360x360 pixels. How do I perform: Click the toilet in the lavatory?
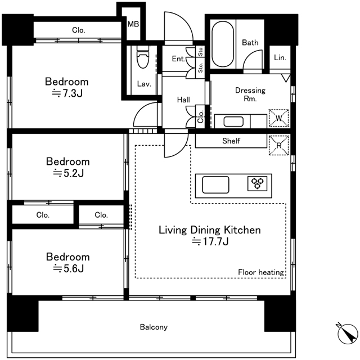143,57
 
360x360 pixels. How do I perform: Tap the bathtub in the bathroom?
223,44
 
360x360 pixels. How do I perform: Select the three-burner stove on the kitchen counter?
258,183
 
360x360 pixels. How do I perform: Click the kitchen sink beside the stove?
215,184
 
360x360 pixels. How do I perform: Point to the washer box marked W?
279,118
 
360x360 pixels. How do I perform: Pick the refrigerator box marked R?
279,145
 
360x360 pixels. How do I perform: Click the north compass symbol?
348,334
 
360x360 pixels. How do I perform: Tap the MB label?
133,24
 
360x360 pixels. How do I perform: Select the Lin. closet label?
280,57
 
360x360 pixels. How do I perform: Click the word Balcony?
154,327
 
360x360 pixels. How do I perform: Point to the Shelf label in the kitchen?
231,141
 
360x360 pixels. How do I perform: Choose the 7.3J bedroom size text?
67,93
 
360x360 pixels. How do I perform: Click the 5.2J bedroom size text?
68,173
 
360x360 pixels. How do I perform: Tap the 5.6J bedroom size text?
68,268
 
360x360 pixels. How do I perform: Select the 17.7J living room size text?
210,241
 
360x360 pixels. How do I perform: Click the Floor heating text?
261,272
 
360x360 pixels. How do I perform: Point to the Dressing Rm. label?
250,94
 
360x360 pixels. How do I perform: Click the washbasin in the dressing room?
233,121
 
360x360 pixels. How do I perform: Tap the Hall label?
183,100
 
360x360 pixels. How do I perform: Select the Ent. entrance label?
178,58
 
